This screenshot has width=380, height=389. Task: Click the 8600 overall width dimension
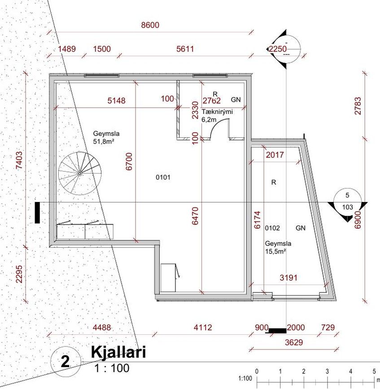tap(150, 25)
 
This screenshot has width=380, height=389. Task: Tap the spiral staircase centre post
tap(79, 174)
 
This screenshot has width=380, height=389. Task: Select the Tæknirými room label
tap(217, 112)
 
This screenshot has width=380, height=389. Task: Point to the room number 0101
tap(163, 177)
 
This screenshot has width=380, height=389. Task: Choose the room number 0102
tap(272, 228)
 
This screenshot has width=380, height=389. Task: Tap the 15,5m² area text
tap(275, 251)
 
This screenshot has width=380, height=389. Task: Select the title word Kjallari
tap(118, 352)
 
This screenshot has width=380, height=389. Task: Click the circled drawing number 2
tap(65, 362)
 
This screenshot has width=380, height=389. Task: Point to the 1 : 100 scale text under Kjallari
tap(112, 368)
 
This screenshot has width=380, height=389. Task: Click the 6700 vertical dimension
tap(129, 162)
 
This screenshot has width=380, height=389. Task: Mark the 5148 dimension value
tap(116, 101)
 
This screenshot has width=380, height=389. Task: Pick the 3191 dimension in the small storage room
tap(288, 277)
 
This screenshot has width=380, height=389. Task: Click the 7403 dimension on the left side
tap(19, 160)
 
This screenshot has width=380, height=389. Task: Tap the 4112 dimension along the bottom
tap(203, 328)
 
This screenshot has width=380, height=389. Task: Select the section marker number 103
tap(348, 207)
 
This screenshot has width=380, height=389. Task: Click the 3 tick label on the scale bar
tap(327, 372)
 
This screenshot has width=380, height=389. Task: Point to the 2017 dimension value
tap(275, 155)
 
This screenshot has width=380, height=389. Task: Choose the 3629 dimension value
tap(294, 342)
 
